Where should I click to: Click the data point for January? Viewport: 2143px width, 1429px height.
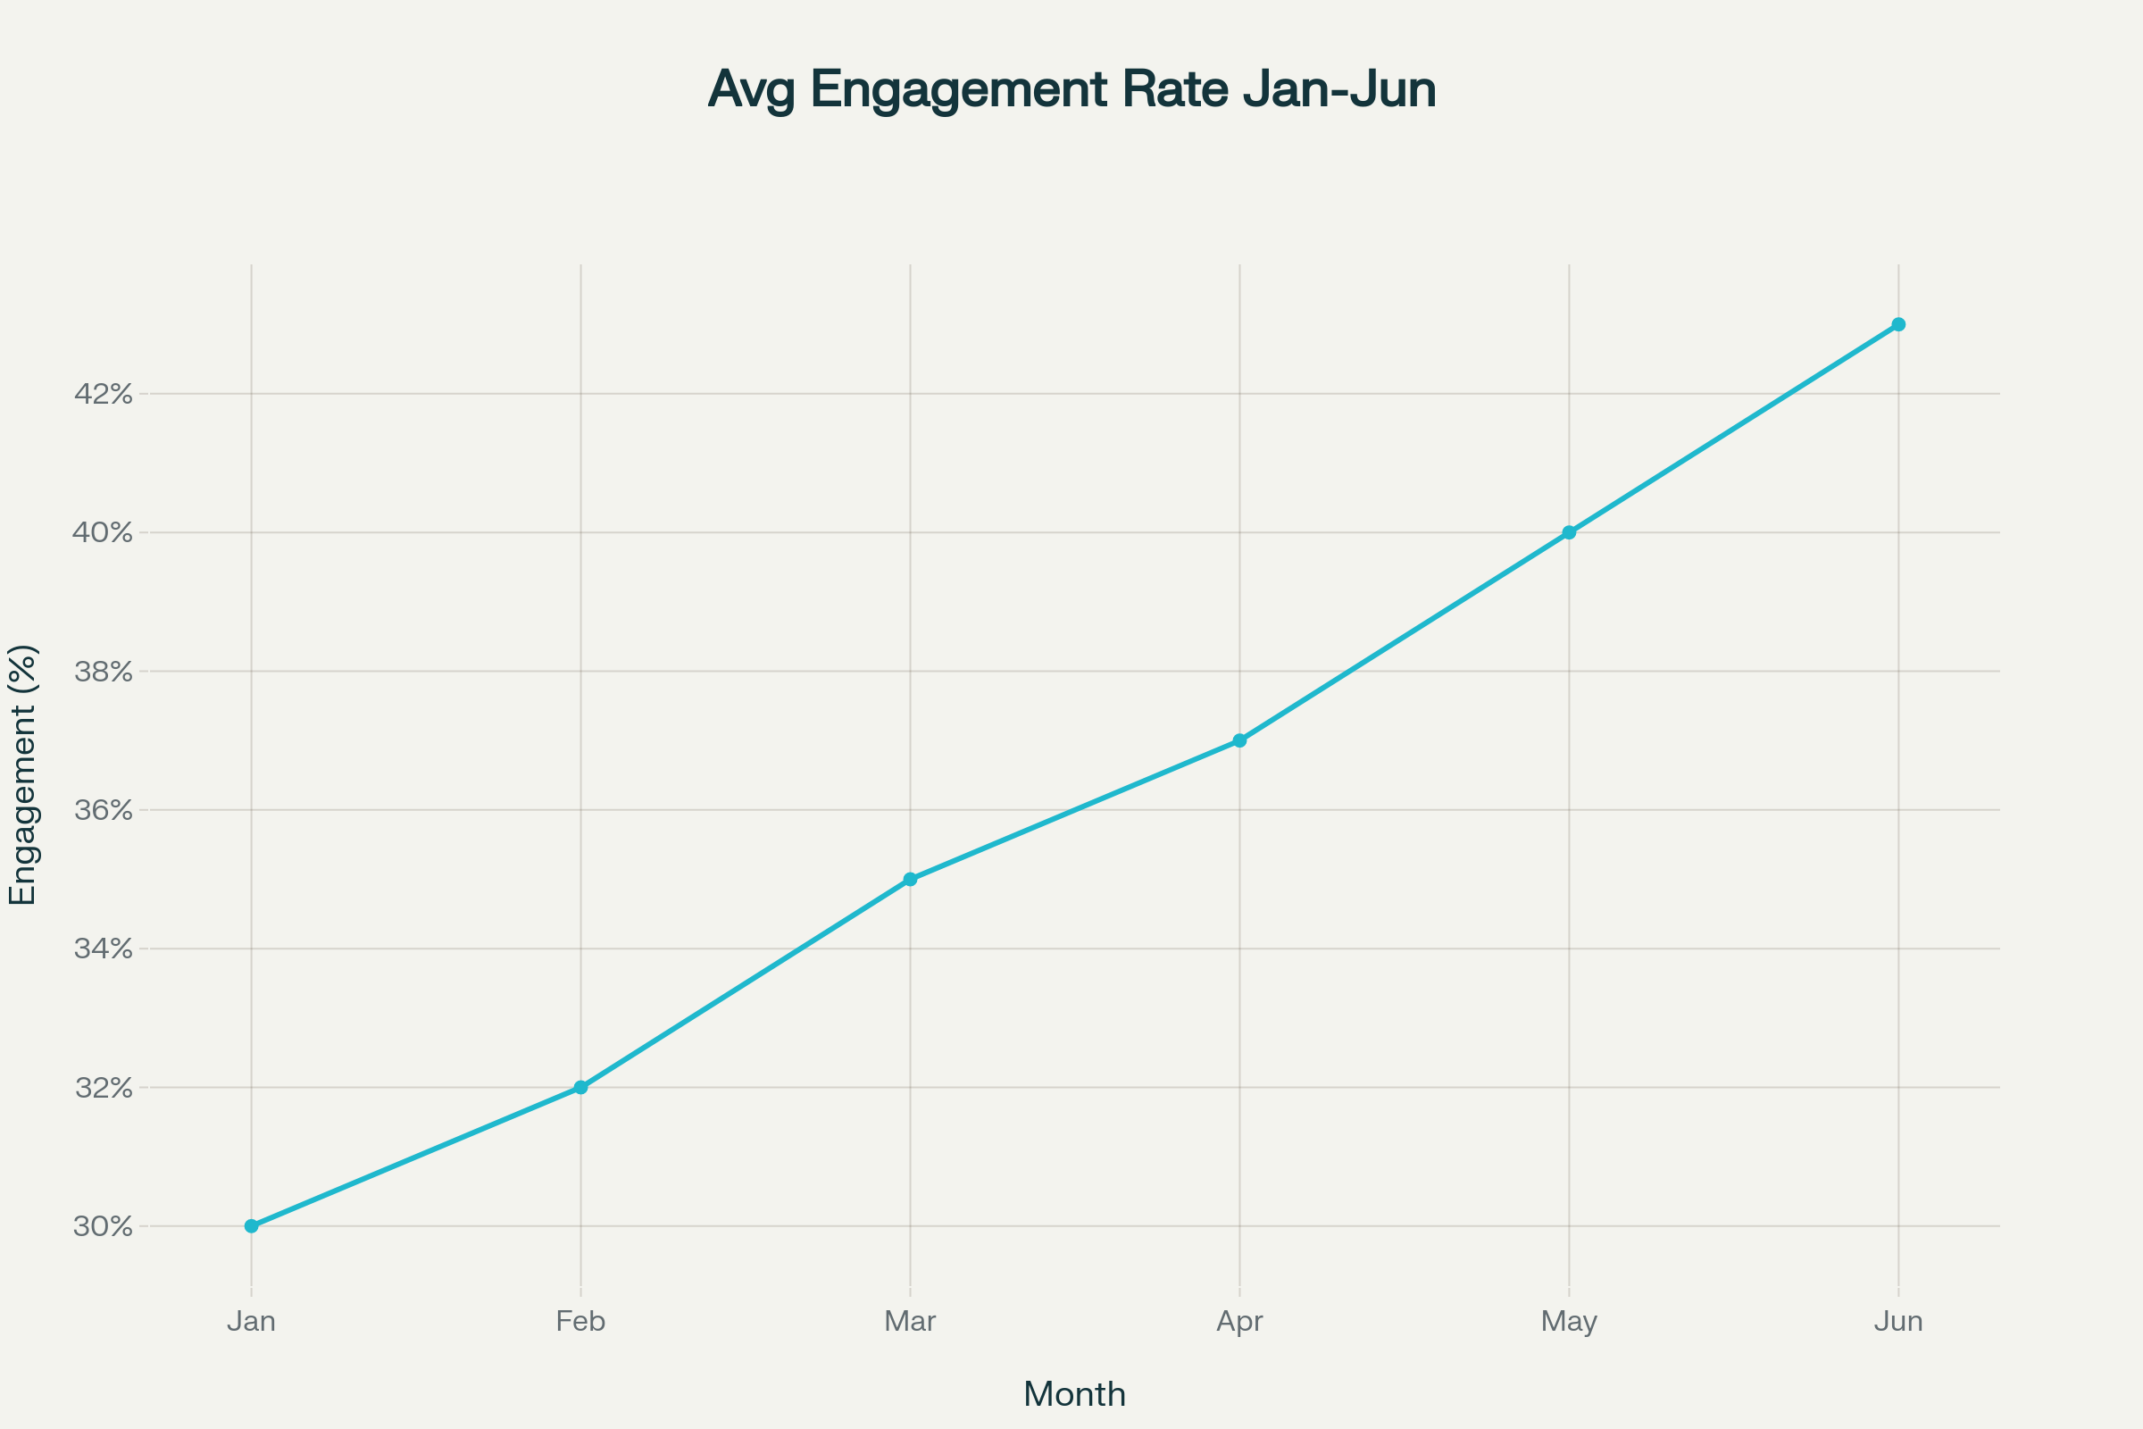[x=252, y=1225]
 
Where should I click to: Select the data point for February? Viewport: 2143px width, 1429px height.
[x=580, y=1087]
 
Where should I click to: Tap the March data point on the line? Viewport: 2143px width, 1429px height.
[x=910, y=880]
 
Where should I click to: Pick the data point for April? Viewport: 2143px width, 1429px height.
[x=1239, y=740]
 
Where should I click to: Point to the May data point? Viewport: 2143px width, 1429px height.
[x=1569, y=532]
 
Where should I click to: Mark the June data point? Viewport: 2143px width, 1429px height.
[x=1898, y=324]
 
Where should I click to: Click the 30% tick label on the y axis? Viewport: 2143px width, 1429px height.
[x=103, y=1226]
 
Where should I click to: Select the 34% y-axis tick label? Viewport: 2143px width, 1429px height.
[x=103, y=948]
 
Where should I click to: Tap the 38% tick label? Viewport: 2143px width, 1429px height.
[x=103, y=672]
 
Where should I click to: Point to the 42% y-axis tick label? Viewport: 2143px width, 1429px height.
[x=103, y=394]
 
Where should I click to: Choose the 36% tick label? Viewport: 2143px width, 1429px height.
[x=103, y=810]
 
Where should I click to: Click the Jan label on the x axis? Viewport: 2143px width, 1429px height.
[x=252, y=1322]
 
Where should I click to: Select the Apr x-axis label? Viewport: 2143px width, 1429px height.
[x=1239, y=1322]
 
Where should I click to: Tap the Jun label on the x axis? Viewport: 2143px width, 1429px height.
[x=1898, y=1322]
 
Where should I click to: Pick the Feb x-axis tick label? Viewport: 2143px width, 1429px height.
[x=580, y=1322]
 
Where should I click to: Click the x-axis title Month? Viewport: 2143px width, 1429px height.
[x=1074, y=1394]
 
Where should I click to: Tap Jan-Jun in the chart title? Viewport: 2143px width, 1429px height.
[x=1338, y=89]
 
